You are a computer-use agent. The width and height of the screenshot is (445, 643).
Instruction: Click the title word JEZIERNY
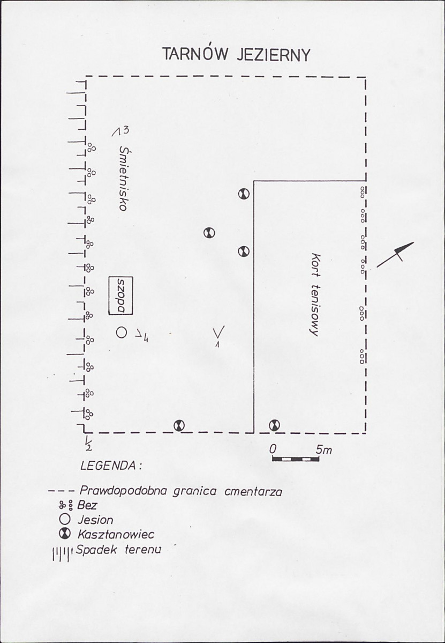click(274, 55)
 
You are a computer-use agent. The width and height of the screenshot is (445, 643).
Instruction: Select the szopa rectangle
click(121, 295)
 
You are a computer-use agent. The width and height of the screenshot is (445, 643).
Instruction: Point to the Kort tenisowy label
click(315, 295)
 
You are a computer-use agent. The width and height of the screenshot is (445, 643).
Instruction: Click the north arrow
click(395, 255)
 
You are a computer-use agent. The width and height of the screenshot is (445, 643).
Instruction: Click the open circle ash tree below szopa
click(121, 332)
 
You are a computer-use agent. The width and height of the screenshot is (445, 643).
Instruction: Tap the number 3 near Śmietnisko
click(126, 130)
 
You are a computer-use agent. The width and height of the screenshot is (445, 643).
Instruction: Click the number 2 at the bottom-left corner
click(89, 447)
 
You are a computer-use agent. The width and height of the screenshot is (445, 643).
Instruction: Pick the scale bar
click(296, 459)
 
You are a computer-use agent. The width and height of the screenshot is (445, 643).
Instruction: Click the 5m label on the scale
click(324, 450)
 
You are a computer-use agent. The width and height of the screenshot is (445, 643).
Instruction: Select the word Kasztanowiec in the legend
click(116, 534)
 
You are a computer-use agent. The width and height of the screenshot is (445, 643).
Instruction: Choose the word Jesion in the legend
click(95, 520)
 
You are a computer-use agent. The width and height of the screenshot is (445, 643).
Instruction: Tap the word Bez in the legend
click(87, 505)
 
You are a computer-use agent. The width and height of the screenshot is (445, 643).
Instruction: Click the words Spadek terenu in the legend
click(119, 550)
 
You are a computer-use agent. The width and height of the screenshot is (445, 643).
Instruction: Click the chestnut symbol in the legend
click(65, 534)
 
